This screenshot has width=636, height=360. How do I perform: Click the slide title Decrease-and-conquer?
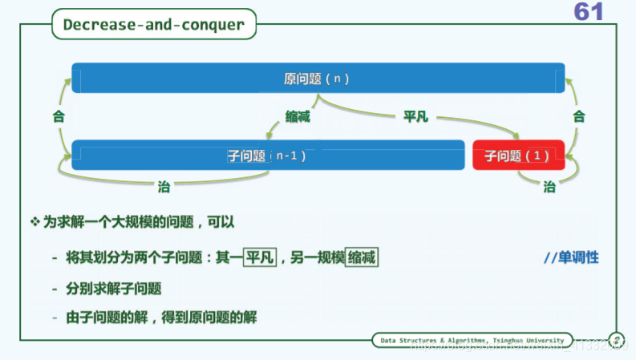153,25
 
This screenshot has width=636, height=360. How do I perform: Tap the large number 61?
588,11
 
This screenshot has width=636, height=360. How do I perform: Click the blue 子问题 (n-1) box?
268,155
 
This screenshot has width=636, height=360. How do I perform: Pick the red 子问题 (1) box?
518,156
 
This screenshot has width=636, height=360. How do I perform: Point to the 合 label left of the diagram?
58,116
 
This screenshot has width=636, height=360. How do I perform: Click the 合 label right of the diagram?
578,116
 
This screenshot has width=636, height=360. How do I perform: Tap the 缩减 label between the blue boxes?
298,117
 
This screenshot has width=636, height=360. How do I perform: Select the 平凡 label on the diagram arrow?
415,117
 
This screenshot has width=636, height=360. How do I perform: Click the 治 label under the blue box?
164,186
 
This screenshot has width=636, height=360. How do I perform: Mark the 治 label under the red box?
549,186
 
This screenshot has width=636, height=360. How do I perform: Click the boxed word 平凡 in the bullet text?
260,257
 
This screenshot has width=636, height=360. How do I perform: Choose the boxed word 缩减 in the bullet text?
362,257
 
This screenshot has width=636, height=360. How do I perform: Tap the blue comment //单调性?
571,258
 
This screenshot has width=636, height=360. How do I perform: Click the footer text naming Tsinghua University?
472,340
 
